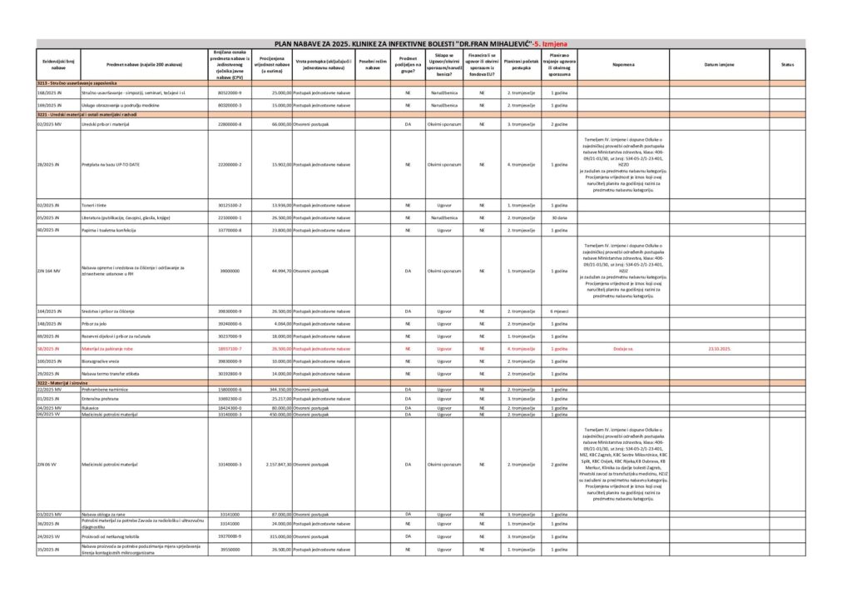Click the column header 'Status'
(787, 64)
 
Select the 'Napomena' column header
(622, 64)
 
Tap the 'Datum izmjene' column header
(719, 64)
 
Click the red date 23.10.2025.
(719, 349)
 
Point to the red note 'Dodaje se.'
(622, 349)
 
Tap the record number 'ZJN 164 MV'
(50, 271)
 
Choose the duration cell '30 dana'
(559, 217)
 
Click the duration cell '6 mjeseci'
(559, 311)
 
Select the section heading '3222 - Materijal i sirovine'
(69, 382)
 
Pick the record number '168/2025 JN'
(50, 93)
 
